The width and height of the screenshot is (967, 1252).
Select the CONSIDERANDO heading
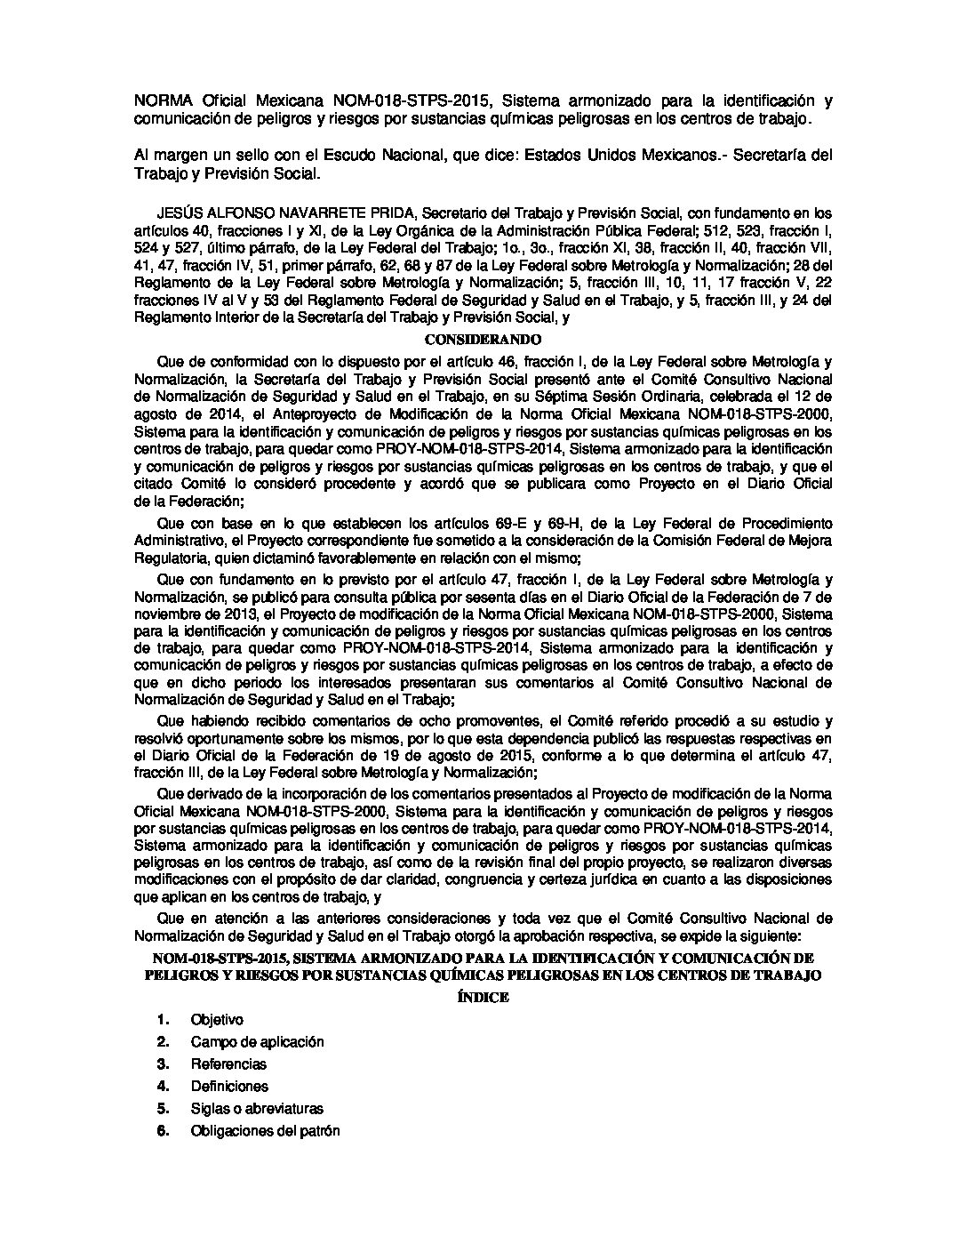(x=483, y=340)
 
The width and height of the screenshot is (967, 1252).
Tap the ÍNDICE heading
(x=483, y=997)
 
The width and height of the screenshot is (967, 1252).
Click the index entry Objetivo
(x=217, y=1019)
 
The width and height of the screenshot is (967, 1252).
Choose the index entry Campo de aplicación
(x=257, y=1041)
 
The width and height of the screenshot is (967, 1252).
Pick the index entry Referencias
(x=228, y=1063)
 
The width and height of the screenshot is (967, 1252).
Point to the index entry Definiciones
(x=229, y=1086)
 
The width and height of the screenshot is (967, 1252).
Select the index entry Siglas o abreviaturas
(x=257, y=1108)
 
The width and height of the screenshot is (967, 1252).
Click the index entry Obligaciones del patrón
(x=265, y=1130)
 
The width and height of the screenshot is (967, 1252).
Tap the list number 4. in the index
(x=163, y=1086)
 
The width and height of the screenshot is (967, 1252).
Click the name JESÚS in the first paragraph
(x=175, y=213)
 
